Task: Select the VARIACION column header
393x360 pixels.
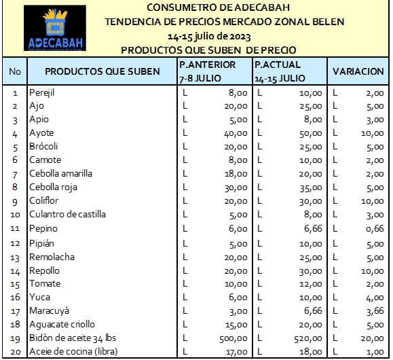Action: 358,71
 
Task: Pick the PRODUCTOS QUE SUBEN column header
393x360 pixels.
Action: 102,71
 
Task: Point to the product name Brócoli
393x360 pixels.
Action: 43,146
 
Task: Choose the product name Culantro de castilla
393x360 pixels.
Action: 67,215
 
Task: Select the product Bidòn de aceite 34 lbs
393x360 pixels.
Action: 74,338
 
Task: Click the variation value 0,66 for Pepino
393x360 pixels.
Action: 375,229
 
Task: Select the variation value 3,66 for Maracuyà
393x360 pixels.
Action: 375,311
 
